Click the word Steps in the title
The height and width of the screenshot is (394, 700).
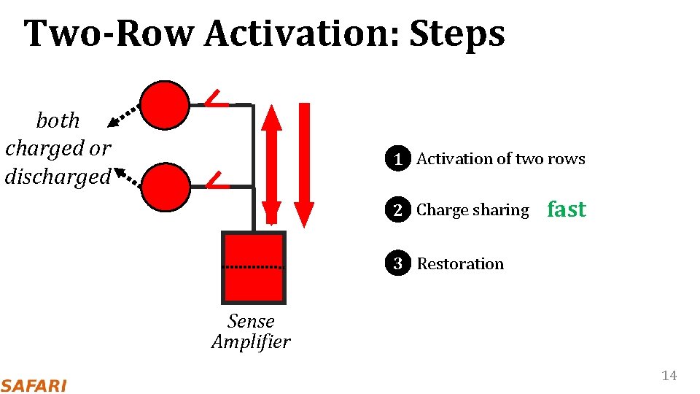457,34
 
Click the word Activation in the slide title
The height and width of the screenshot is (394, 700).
300,34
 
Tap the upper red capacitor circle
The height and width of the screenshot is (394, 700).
165,104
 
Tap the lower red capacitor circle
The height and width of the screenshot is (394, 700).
165,187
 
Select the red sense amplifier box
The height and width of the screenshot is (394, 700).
253,268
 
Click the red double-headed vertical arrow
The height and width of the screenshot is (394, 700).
271,163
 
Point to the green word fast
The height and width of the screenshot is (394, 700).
567,209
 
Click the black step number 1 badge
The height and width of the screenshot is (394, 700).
397,158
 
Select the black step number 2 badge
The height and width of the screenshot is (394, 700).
397,210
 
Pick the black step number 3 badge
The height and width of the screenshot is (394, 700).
397,263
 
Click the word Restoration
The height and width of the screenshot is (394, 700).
460,263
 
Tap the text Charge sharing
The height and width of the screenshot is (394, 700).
472,210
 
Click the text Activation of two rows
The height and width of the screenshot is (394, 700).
500,158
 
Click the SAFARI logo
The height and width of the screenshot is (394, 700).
34,385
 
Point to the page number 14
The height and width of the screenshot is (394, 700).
669,376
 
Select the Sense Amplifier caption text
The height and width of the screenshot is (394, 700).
251,331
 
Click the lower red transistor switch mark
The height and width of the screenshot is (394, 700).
214,179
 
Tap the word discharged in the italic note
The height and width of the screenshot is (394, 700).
58,177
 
